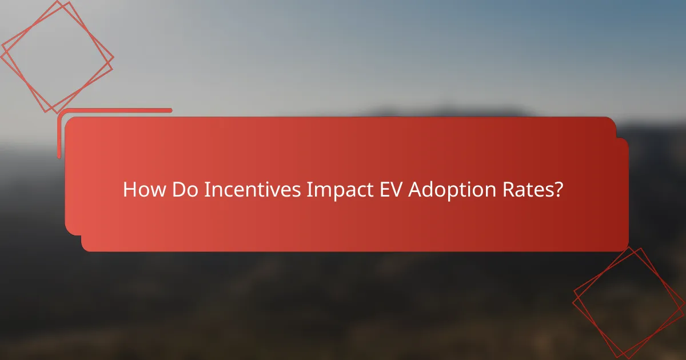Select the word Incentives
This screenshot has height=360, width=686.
tap(252, 190)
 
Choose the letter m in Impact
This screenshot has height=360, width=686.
tap(322, 191)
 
